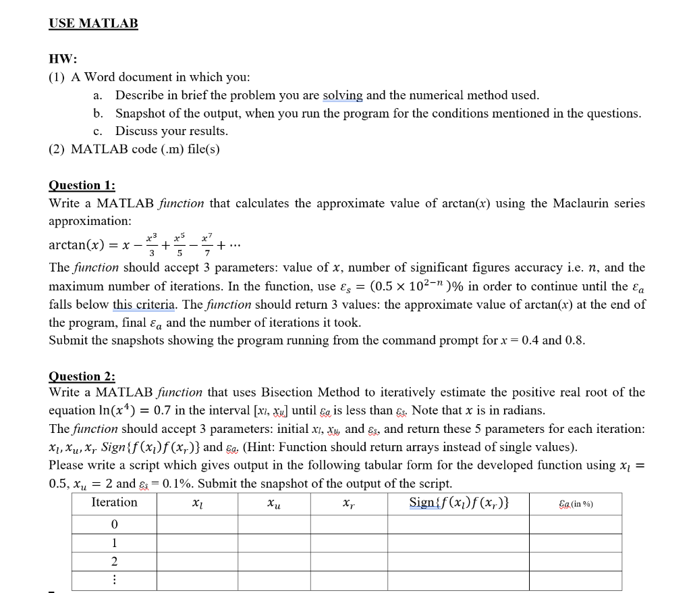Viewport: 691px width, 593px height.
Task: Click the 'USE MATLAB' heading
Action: pyautogui.click(x=93, y=24)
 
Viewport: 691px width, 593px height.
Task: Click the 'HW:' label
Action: pyautogui.click(x=63, y=59)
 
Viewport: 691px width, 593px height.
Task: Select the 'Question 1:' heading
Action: pyautogui.click(x=82, y=185)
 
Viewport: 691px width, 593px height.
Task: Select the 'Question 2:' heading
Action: pyautogui.click(x=82, y=376)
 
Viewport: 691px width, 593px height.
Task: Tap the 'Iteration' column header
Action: pyautogui.click(x=114, y=502)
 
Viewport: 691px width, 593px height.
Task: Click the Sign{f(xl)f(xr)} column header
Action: pyautogui.click(x=459, y=502)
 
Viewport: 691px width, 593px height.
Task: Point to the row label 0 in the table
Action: pyautogui.click(x=114, y=524)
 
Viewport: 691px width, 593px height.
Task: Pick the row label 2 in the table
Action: pyautogui.click(x=114, y=561)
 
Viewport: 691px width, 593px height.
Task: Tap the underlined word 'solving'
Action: pyautogui.click(x=343, y=95)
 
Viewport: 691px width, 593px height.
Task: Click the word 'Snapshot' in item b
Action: pyautogui.click(x=140, y=113)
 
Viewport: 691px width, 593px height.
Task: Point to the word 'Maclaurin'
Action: pyautogui.click(x=585, y=203)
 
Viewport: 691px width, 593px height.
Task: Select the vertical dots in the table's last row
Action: pyautogui.click(x=114, y=579)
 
